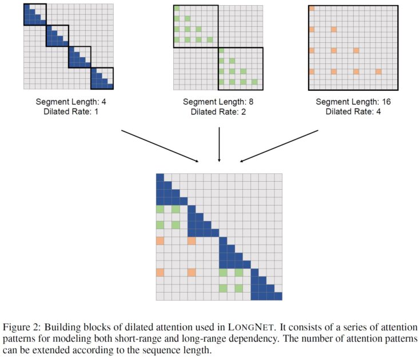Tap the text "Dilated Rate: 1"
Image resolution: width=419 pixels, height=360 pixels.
click(x=68, y=111)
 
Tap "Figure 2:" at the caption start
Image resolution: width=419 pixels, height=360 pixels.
click(x=20, y=326)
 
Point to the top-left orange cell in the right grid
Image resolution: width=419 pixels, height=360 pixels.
click(x=312, y=8)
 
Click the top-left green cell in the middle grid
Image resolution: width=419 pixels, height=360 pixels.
click(x=177, y=9)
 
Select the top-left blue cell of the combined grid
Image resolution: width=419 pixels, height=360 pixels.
click(x=160, y=178)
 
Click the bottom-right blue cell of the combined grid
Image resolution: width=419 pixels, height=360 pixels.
click(x=278, y=296)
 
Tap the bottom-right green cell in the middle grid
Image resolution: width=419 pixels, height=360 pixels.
click(x=254, y=82)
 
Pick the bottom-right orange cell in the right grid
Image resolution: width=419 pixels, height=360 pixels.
click(x=378, y=71)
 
